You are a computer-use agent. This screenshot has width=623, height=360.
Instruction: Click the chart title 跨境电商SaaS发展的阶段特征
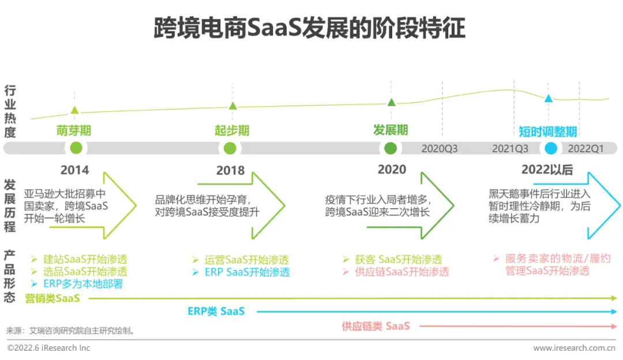point(309,28)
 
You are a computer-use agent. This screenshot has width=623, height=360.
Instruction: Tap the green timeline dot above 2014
point(76,148)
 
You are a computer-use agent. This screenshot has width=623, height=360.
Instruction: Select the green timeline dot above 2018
point(230,148)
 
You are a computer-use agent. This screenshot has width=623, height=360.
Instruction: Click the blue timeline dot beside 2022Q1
point(551,148)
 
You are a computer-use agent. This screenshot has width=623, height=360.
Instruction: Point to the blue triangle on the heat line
point(549,98)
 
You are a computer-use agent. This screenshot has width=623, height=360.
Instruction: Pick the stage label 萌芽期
point(74,130)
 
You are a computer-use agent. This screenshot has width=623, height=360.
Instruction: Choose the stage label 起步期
point(232,130)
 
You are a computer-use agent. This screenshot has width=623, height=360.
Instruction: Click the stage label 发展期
point(391,130)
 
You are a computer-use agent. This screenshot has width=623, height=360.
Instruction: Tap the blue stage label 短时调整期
point(548,132)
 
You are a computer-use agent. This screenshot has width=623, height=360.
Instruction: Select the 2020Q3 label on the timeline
point(440,149)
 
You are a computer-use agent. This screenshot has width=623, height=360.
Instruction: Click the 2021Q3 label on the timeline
point(510,149)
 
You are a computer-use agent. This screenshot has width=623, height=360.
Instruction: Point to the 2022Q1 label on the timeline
point(586,149)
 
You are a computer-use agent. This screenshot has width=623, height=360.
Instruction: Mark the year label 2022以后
point(547,170)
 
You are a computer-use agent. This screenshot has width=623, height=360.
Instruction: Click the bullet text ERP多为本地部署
point(83,284)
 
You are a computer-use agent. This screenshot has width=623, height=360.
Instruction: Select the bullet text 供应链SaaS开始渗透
point(402,272)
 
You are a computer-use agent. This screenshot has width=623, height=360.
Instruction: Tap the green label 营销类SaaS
point(52,298)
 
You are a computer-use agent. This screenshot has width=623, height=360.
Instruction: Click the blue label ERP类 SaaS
point(216,311)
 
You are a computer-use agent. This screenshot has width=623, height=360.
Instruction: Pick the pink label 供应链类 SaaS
point(376,326)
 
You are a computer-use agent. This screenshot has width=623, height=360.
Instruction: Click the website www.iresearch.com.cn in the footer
point(574,348)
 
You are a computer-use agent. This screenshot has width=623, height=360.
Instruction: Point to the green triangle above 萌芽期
point(74,110)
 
